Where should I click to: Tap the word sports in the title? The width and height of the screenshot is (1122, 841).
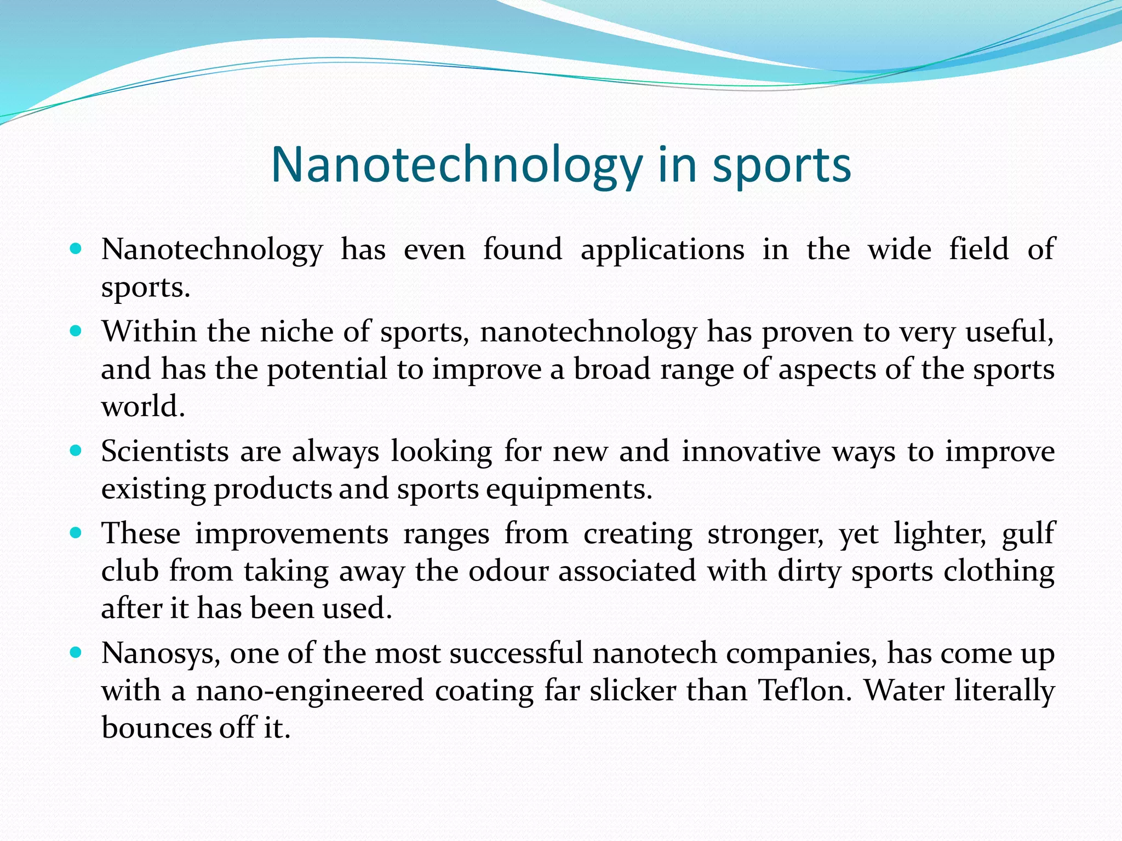pos(781,165)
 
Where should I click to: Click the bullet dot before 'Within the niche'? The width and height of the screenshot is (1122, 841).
pos(76,332)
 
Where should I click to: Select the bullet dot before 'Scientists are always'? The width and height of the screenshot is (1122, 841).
pos(76,452)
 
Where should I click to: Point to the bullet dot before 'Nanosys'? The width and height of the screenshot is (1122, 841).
pos(76,653)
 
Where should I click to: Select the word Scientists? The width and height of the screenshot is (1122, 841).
pos(165,452)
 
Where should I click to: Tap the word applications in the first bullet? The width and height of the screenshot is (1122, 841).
pos(662,250)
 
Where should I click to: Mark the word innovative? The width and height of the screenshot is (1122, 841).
pos(751,452)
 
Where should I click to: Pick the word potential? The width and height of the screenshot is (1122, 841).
pos(327,370)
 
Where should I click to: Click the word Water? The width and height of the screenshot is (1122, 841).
pos(904,690)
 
